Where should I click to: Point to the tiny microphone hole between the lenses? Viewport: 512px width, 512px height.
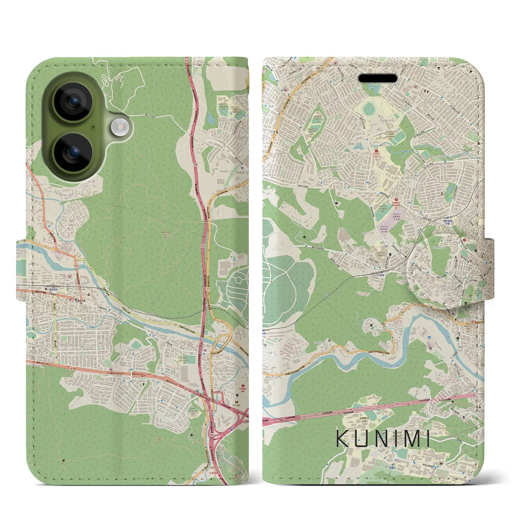click(x=93, y=127)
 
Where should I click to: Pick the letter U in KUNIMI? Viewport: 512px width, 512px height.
click(x=362, y=438)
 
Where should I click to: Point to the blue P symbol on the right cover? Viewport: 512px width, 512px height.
click(x=295, y=58)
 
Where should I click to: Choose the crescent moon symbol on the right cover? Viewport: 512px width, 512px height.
click(x=329, y=341)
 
